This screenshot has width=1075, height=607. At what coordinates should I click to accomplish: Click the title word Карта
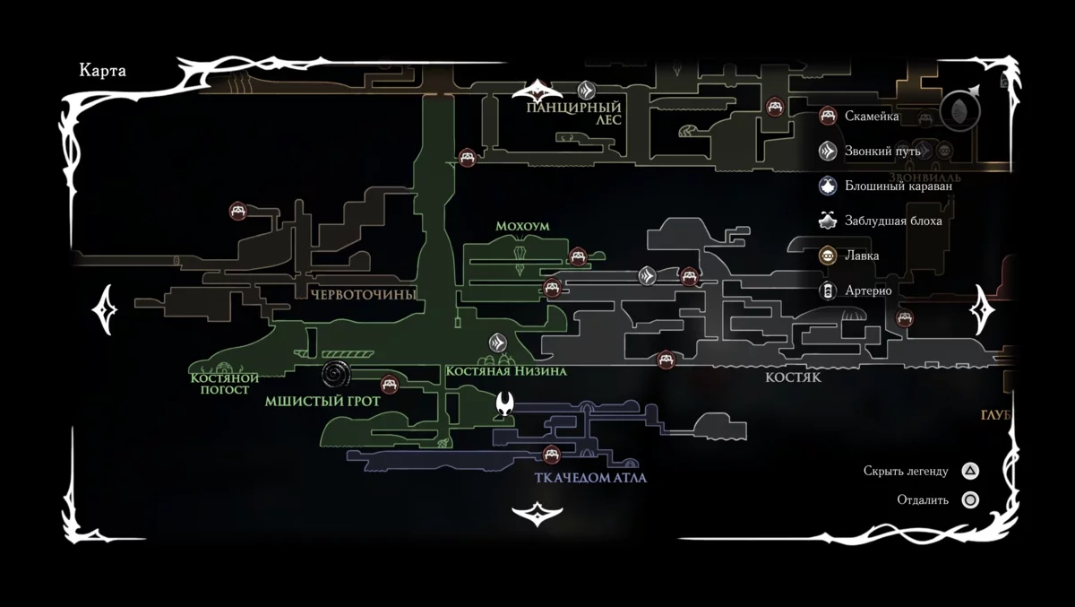[x=102, y=71]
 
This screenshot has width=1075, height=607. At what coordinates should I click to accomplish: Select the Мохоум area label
[x=522, y=227]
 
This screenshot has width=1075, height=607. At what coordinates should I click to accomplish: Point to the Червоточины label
[x=363, y=294]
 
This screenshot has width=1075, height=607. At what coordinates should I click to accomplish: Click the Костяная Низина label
[x=505, y=371]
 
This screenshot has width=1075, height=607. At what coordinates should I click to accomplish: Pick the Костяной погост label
[x=225, y=384]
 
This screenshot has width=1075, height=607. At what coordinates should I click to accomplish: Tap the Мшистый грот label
[x=322, y=402]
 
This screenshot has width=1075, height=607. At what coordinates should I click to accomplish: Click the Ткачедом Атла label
[x=590, y=478]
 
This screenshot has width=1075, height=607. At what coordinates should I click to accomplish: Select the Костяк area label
[x=793, y=377]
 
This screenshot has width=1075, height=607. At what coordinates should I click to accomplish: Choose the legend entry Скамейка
[x=871, y=116]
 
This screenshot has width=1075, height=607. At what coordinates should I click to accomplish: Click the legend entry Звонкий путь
[x=881, y=151]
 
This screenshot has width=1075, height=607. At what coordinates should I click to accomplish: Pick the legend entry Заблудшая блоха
[x=892, y=221]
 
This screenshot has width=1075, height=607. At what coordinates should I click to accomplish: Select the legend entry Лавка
[x=861, y=256]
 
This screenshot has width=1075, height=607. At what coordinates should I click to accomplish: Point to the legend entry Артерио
[x=866, y=290]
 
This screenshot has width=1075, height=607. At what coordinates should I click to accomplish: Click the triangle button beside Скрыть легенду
[x=970, y=471]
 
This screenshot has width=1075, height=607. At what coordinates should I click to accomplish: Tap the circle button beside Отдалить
[x=970, y=500]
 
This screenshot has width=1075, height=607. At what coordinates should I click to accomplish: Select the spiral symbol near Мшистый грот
[x=338, y=374]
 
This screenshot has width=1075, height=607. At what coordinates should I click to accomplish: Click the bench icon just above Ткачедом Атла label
[x=552, y=454]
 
